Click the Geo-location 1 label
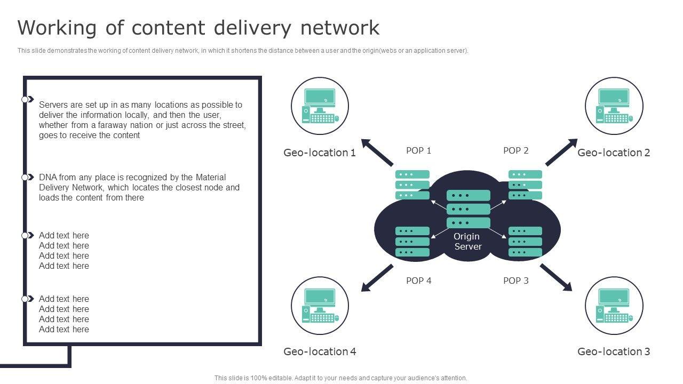319,153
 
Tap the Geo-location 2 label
614,153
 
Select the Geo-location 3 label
614,351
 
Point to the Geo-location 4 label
320,351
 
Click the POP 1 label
418,150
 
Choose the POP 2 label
515,150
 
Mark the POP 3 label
515,281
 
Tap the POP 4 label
418,281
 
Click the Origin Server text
467,241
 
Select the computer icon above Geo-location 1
320,106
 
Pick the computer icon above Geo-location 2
614,106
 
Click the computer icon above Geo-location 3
614,306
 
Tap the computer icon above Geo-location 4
320,306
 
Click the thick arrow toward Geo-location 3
556,277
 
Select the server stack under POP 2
525,185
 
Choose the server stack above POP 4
412,242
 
